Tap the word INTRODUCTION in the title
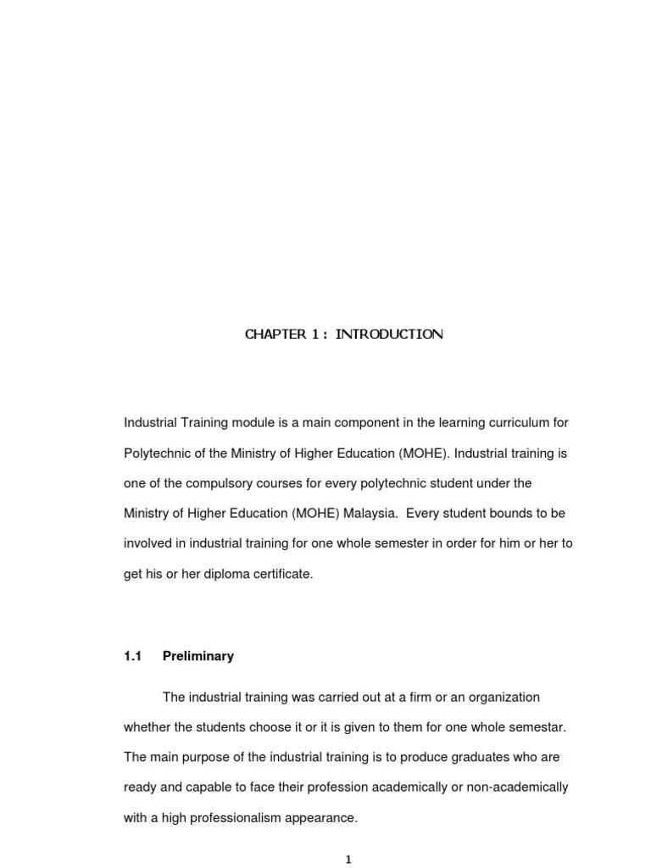389,334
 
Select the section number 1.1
133,656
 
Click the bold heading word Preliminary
198,656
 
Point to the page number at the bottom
348,860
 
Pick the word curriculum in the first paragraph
508,421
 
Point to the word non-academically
518,787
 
